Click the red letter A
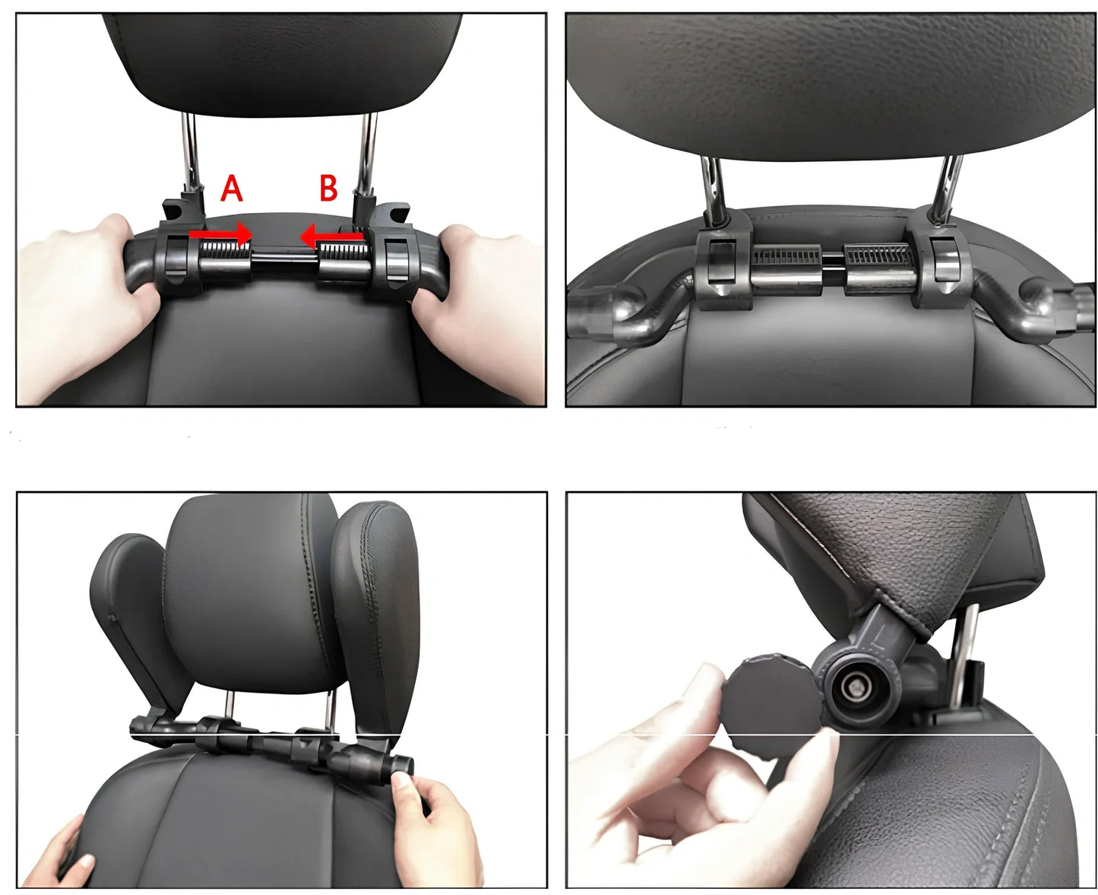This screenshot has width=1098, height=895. [x=231, y=189]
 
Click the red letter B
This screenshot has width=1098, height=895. [x=328, y=188]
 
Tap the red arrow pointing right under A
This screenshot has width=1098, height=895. [x=220, y=233]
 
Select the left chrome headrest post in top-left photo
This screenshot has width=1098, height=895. [x=191, y=152]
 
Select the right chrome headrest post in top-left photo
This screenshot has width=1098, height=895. [x=367, y=152]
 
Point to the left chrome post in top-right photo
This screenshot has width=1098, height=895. [x=713, y=186]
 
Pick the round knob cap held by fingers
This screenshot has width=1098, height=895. [x=767, y=696]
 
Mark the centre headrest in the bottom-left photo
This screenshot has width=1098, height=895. [x=251, y=593]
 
